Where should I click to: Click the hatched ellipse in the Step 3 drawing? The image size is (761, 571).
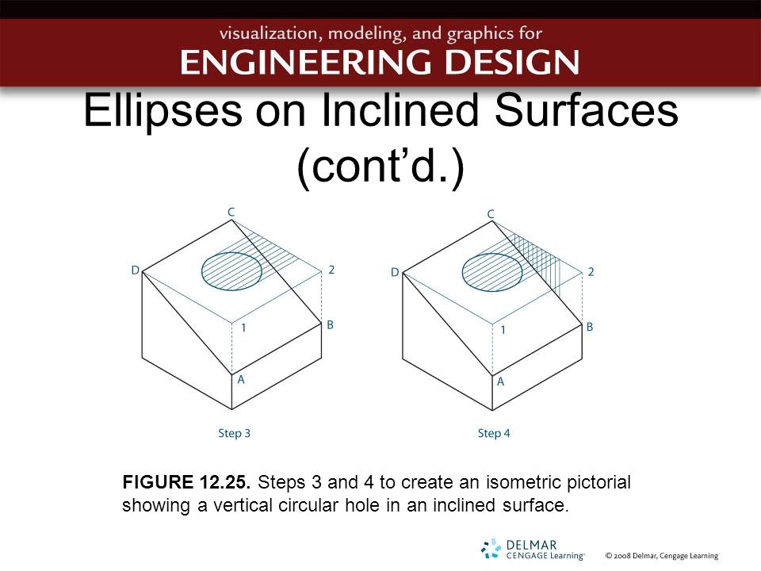231,270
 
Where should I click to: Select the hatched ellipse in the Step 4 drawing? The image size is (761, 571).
491,271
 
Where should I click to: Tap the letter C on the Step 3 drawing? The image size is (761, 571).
231,212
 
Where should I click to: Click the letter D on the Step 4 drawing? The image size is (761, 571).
395,273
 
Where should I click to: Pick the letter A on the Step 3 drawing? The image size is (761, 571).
241,379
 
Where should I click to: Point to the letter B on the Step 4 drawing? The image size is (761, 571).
589,327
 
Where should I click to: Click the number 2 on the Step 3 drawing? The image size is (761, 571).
331,270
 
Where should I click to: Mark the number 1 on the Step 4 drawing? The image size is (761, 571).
503,329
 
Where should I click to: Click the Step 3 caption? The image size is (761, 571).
235,433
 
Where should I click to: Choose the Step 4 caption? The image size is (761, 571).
494,433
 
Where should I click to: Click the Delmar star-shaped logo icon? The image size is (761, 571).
491,548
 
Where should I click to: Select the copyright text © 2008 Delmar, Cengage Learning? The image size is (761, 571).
661,556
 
